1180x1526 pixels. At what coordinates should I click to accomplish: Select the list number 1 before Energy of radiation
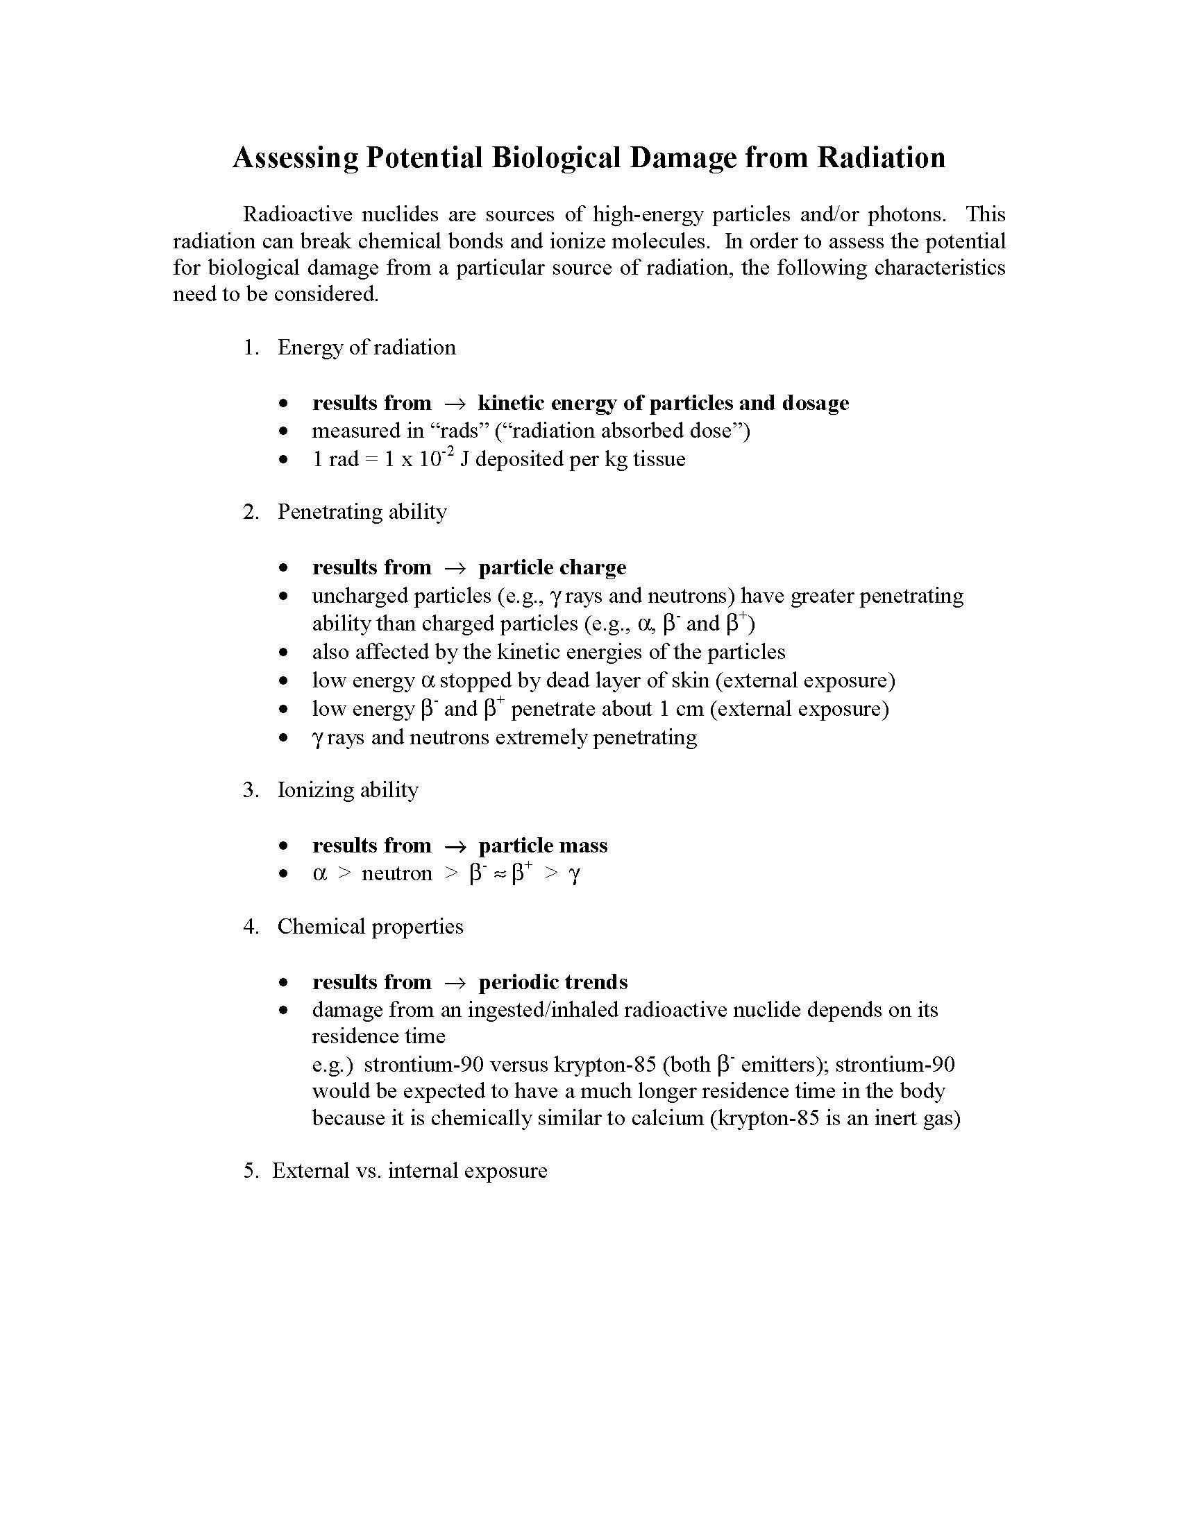tap(251, 348)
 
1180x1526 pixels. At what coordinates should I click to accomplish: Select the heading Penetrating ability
tap(362, 511)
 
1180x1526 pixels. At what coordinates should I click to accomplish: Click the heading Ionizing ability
tap(348, 789)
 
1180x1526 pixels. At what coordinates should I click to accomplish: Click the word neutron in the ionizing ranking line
tap(396, 874)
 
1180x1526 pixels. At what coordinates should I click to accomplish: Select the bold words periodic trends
tap(553, 982)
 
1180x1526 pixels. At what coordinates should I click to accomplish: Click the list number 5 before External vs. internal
tap(251, 1171)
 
